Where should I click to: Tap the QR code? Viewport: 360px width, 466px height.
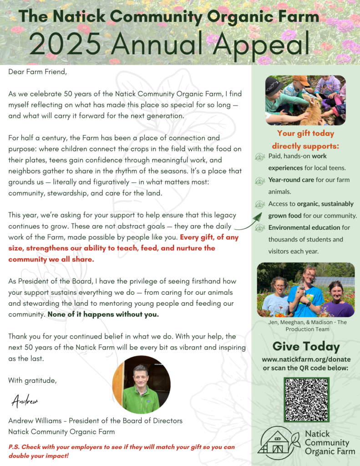tap(306, 399)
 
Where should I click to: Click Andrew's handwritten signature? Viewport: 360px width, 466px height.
tap(25, 401)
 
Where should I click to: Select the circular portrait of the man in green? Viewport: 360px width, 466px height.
tap(141, 385)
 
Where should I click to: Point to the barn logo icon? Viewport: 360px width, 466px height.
tap(278, 442)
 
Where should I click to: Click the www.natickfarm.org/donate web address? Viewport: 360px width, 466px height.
tap(306, 359)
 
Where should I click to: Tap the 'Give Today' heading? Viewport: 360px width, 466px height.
tap(306, 346)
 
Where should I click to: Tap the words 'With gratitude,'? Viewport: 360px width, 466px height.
tap(32, 380)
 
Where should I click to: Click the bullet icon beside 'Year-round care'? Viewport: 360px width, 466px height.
tap(260, 181)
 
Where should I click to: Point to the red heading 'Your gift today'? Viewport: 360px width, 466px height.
tap(305, 134)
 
